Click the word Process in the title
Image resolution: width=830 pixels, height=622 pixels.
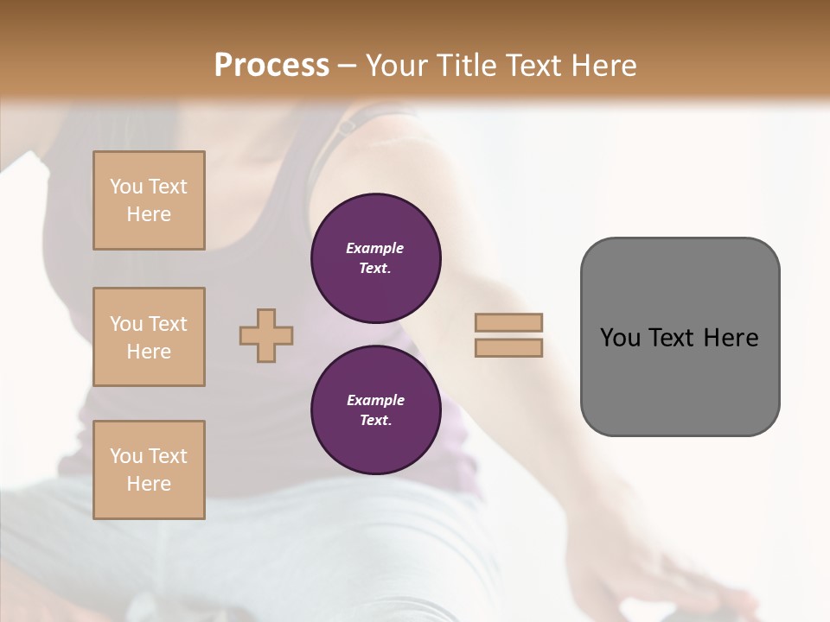coord(271,66)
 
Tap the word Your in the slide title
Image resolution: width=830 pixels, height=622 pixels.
coord(397,66)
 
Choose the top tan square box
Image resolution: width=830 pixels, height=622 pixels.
coord(149,200)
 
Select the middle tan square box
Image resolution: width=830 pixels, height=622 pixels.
coord(149,337)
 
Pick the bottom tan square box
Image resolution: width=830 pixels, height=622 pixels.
coord(149,470)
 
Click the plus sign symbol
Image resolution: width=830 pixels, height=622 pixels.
coord(266,335)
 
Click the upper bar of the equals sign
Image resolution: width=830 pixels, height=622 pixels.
coord(509,322)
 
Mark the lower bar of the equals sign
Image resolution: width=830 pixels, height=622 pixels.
coord(509,347)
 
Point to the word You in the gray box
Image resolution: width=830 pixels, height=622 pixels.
coord(620,338)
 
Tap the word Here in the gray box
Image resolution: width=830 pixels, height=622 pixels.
coord(731,338)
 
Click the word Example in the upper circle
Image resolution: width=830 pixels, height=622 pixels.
coord(375,248)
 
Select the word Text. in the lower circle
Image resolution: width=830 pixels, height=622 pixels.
coord(375,420)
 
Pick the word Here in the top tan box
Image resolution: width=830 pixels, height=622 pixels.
coord(149,214)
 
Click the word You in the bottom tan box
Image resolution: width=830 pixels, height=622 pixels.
coord(126,456)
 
